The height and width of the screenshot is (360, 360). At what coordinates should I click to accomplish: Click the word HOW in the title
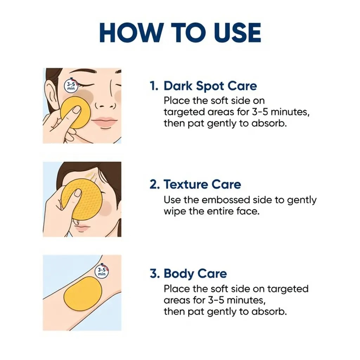[x=130, y=33]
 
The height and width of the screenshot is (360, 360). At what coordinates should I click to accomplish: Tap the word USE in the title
[x=237, y=33]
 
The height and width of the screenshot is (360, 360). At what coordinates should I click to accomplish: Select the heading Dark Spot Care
[x=210, y=86]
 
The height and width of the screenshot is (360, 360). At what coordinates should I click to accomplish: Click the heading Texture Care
[x=202, y=184]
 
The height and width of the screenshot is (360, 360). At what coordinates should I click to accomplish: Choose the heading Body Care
[x=195, y=274]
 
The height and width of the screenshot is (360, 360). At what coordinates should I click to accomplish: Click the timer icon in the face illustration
[x=71, y=86]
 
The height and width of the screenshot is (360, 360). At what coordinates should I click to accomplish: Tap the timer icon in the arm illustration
[x=102, y=272]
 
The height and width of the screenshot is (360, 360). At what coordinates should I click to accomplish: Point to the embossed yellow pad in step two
[x=82, y=202]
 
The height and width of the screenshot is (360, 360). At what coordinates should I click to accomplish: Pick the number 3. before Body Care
[x=155, y=274]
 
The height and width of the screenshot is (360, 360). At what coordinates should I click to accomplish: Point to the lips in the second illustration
[x=81, y=228]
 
